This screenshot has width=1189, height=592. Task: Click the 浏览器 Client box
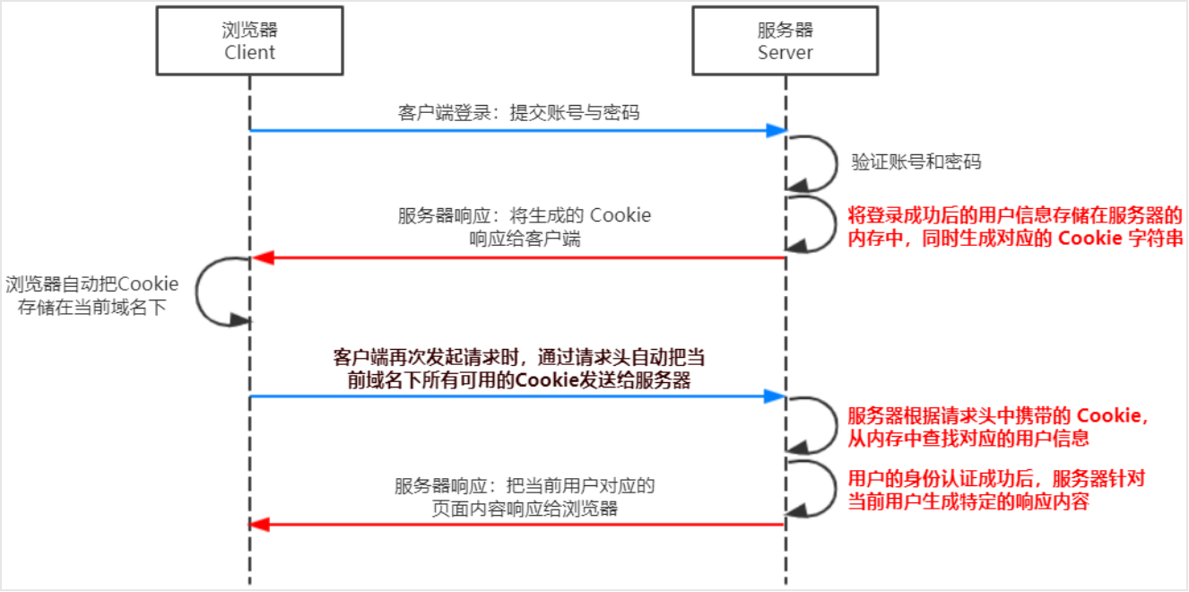tap(250, 41)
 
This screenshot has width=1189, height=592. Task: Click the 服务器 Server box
tap(785, 41)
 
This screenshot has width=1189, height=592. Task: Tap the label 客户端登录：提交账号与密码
tap(518, 113)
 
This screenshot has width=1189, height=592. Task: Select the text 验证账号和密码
tap(916, 162)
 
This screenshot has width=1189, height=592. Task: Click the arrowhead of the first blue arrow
tap(777, 131)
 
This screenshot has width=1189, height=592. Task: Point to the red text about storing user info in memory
tap(1015, 227)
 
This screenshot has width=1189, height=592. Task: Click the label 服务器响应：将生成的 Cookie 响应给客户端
tap(524, 227)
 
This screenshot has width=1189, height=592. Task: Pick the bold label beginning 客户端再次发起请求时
tap(518, 368)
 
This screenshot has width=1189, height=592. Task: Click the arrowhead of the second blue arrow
tap(777, 396)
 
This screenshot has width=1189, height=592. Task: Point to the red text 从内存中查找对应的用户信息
tap(968, 439)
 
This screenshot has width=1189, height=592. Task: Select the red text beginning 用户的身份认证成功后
tap(995, 490)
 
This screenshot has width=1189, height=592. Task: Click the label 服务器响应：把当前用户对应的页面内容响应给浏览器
tap(525, 497)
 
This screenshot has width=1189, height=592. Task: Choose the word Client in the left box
tap(250, 53)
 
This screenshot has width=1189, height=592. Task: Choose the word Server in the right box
tap(785, 53)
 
